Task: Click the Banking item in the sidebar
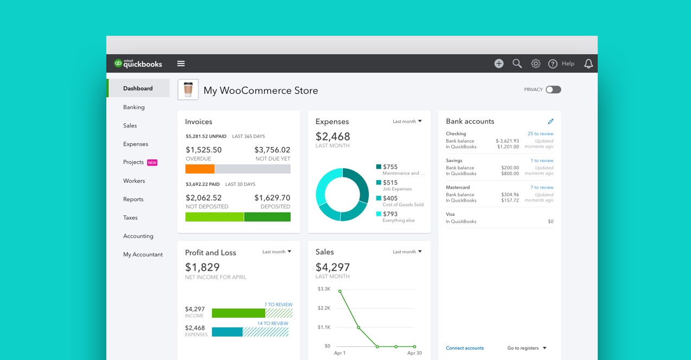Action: click(x=133, y=107)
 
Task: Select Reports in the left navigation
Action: click(x=133, y=200)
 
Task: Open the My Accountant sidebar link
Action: click(x=143, y=255)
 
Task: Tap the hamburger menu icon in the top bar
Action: click(x=181, y=63)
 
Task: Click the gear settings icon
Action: click(x=535, y=63)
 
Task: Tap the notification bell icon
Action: click(x=588, y=63)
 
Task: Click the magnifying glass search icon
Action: click(x=517, y=63)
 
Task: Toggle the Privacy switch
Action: click(x=553, y=89)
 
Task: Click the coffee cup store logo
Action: click(x=188, y=89)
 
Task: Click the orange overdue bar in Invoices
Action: click(x=200, y=169)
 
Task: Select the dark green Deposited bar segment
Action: click(x=267, y=217)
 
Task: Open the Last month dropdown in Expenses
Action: click(x=407, y=121)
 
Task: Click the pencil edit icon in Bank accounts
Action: click(x=551, y=121)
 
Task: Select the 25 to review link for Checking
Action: click(x=540, y=134)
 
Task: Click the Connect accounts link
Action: click(x=464, y=348)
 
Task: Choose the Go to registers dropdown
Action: click(x=527, y=348)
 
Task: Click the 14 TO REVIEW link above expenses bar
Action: click(x=272, y=324)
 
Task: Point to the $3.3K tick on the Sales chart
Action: click(x=324, y=289)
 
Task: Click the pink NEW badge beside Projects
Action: click(x=152, y=163)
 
